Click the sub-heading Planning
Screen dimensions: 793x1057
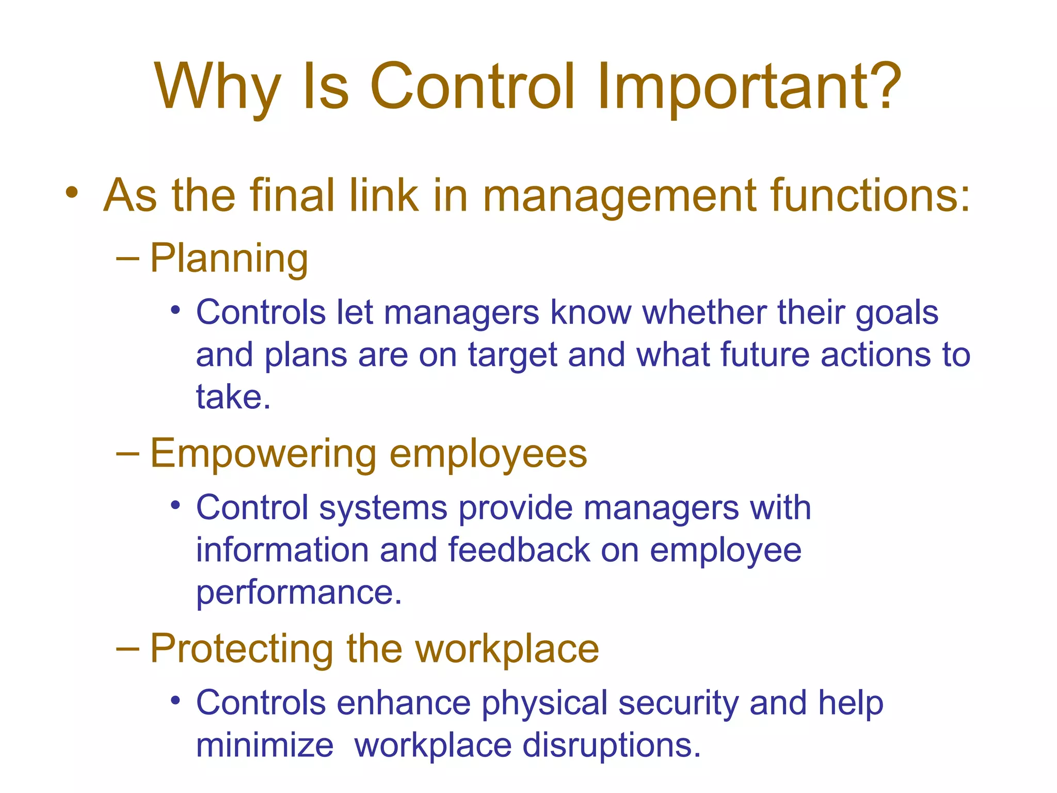[x=229, y=258]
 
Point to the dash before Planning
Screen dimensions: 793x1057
[x=127, y=258]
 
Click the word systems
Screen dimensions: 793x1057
[x=383, y=508]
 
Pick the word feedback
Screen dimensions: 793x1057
[x=519, y=550]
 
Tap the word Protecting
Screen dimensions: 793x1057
[x=242, y=649]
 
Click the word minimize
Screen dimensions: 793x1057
[x=265, y=746]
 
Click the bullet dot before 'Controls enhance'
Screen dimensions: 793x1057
[x=176, y=701]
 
